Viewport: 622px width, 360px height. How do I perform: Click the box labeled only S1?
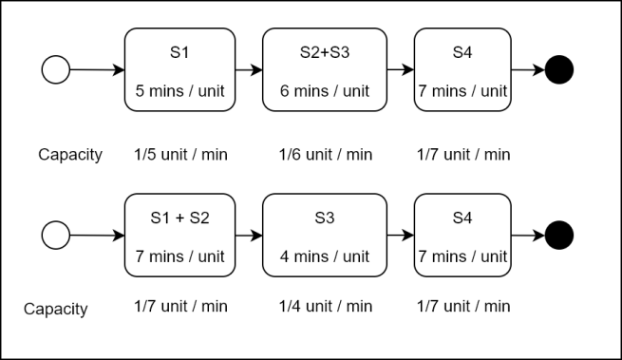pos(179,69)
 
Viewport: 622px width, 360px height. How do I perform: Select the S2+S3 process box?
pos(325,69)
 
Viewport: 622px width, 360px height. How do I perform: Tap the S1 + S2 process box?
pos(179,235)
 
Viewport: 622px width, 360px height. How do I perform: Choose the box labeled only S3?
pos(325,235)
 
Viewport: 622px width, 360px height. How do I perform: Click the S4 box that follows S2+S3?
pos(463,69)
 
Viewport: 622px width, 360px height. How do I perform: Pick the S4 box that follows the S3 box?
pos(463,235)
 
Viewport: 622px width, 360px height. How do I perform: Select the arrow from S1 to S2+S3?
pos(249,69)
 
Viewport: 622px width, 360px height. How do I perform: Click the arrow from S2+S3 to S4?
pos(401,69)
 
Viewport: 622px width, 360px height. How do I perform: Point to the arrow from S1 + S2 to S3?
pos(249,235)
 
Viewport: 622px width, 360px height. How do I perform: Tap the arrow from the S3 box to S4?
pos(401,235)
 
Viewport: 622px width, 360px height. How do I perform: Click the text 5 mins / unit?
pos(179,93)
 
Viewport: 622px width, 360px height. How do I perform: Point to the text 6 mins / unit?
pos(325,93)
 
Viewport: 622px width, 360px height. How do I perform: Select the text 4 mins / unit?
pos(325,256)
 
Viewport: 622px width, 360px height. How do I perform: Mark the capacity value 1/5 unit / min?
pos(179,154)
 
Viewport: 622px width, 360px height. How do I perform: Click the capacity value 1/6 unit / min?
pos(325,154)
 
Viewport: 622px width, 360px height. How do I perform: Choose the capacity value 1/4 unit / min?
pos(325,306)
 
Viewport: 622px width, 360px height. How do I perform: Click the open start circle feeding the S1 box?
pos(56,69)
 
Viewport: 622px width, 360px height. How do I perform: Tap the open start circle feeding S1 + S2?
pos(56,235)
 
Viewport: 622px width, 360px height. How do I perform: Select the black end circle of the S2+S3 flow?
pos(559,69)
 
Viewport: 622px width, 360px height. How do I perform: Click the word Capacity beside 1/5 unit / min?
pos(70,154)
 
